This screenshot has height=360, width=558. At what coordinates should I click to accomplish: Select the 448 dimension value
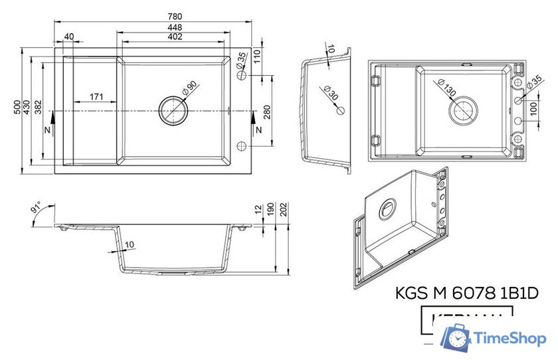pos(175,27)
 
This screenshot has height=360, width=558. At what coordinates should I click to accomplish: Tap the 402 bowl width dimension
pos(175,37)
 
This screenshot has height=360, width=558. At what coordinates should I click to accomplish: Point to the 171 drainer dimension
pos(96,97)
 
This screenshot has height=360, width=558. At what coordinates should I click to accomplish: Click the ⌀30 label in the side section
pos(331,93)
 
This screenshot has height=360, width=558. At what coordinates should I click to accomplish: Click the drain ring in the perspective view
pos(387,210)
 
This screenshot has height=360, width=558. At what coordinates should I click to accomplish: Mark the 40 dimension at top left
pos(69,37)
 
